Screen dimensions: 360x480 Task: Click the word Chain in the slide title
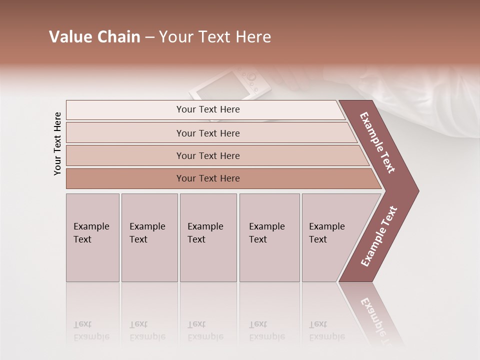tap(119, 37)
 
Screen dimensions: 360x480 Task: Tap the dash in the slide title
tap(149, 37)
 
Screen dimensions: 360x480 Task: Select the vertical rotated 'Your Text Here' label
tap(58, 144)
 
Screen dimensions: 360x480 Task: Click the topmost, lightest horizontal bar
tap(207, 109)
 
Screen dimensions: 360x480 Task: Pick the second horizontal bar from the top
tap(207, 133)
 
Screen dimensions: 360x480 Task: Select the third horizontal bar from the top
tap(207, 155)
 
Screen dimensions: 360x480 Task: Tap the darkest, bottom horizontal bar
tap(207, 178)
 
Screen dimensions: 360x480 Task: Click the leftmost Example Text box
tap(92, 237)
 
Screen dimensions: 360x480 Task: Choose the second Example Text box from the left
tap(149, 237)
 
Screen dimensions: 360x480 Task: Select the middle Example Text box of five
tap(208, 237)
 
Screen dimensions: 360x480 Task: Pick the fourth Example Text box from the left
tap(269, 237)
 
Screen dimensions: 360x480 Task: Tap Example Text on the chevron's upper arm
tap(377, 142)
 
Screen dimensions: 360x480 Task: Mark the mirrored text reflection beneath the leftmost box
tap(91, 330)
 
